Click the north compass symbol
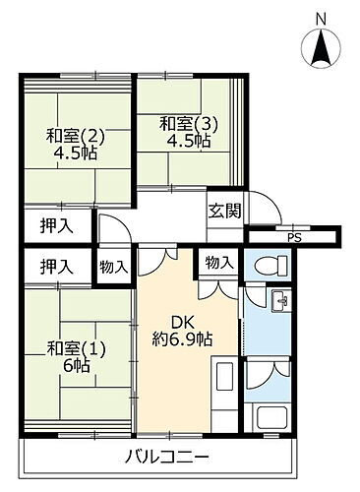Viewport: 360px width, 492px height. click(321, 48)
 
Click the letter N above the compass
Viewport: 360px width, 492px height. click(321, 17)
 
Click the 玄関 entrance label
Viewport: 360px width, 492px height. click(222, 209)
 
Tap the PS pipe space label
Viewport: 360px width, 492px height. click(292, 236)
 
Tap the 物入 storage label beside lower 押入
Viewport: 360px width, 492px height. click(113, 267)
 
